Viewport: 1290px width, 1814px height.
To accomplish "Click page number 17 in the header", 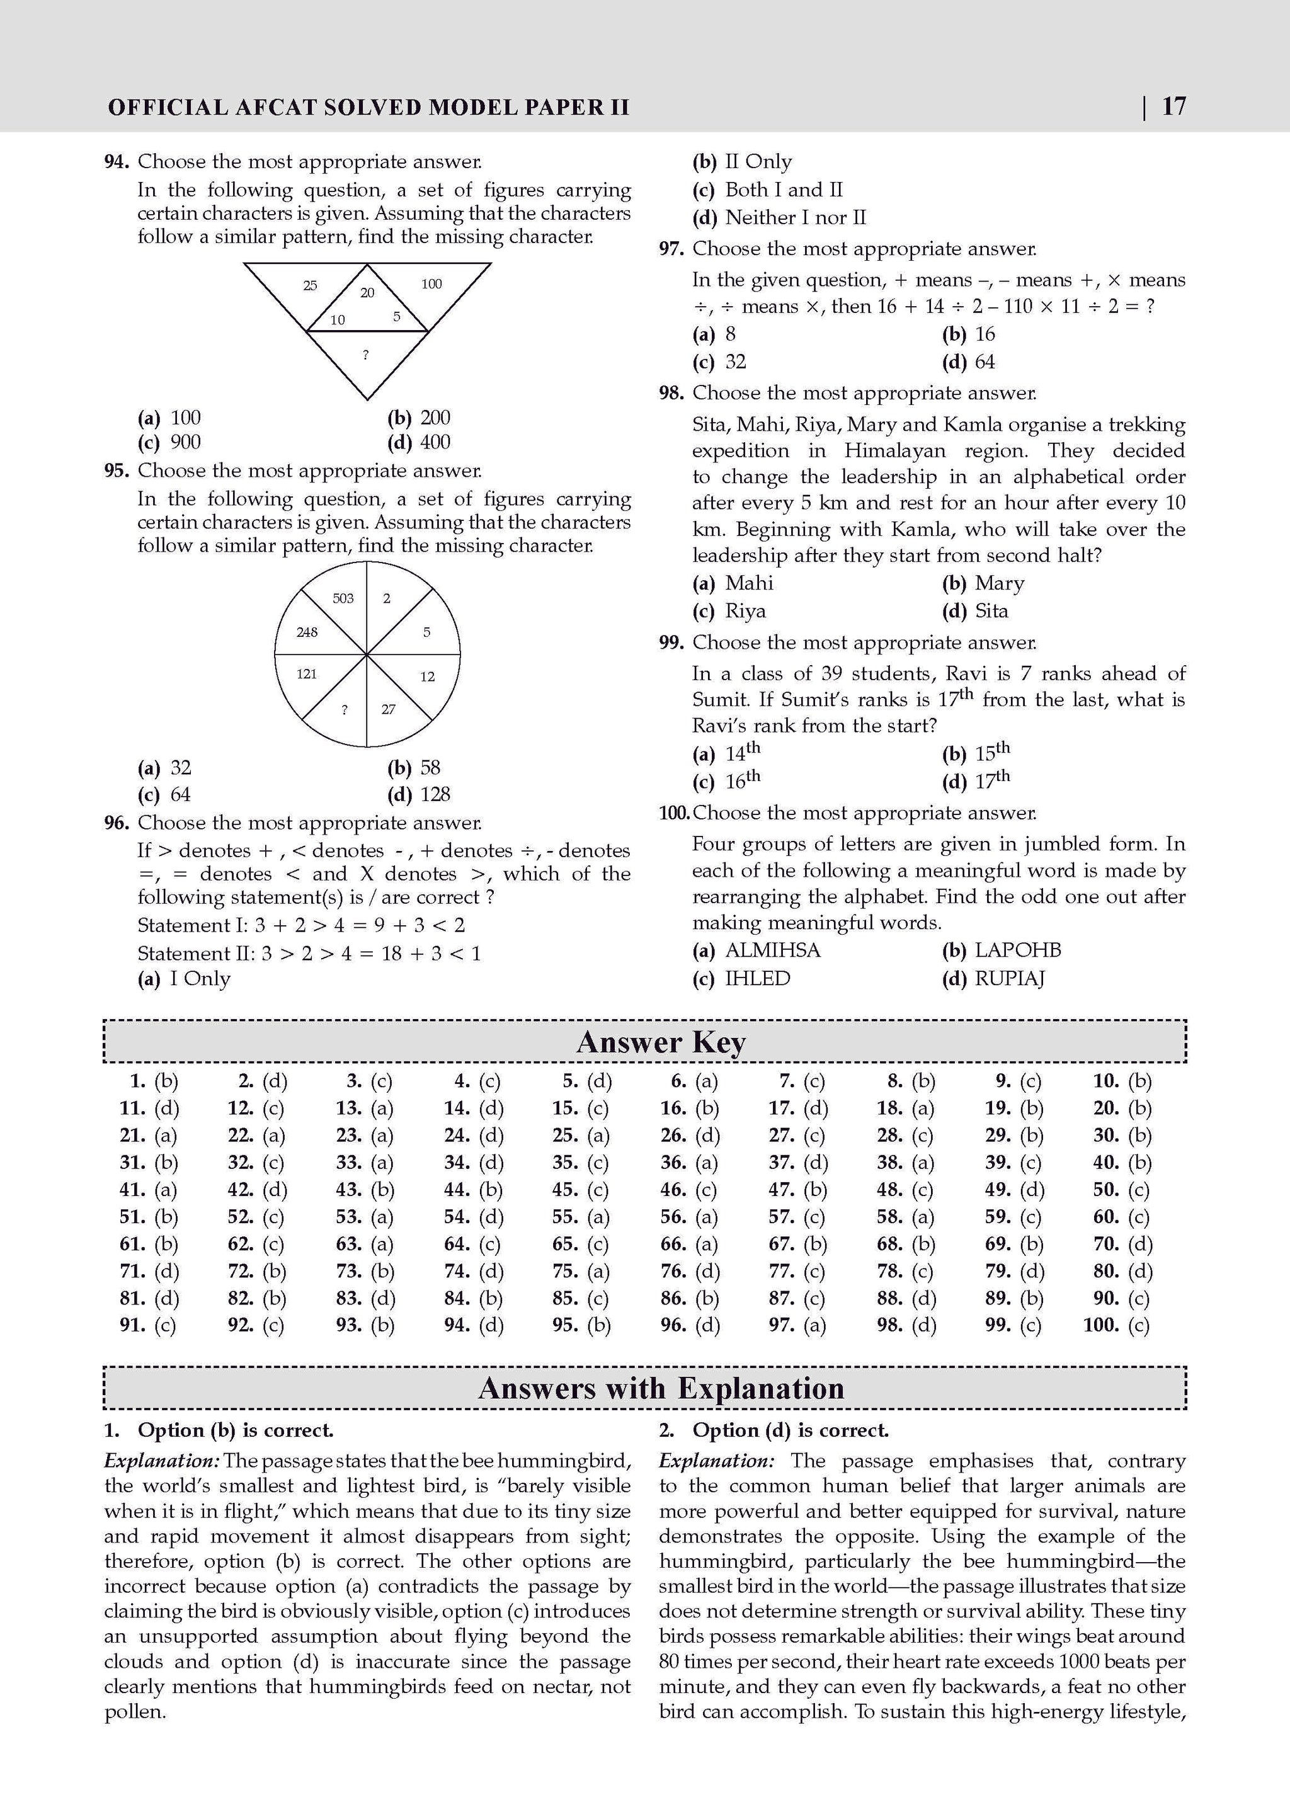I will [1173, 106].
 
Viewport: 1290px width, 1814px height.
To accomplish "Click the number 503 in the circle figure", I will [343, 598].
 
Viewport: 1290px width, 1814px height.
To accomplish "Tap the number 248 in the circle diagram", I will [307, 632].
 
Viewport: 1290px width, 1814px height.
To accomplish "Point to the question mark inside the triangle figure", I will [365, 355].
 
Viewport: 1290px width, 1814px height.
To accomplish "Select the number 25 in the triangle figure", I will [310, 285].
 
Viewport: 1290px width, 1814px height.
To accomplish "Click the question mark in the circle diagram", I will [344, 710].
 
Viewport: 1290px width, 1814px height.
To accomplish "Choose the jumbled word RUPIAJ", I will [1010, 978].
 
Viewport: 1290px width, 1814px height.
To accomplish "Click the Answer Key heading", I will [660, 1042].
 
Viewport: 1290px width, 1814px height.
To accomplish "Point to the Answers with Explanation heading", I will [660, 1388].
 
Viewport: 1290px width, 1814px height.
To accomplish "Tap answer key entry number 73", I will [365, 1271].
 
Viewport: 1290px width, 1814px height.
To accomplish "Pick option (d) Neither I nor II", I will [794, 217].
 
